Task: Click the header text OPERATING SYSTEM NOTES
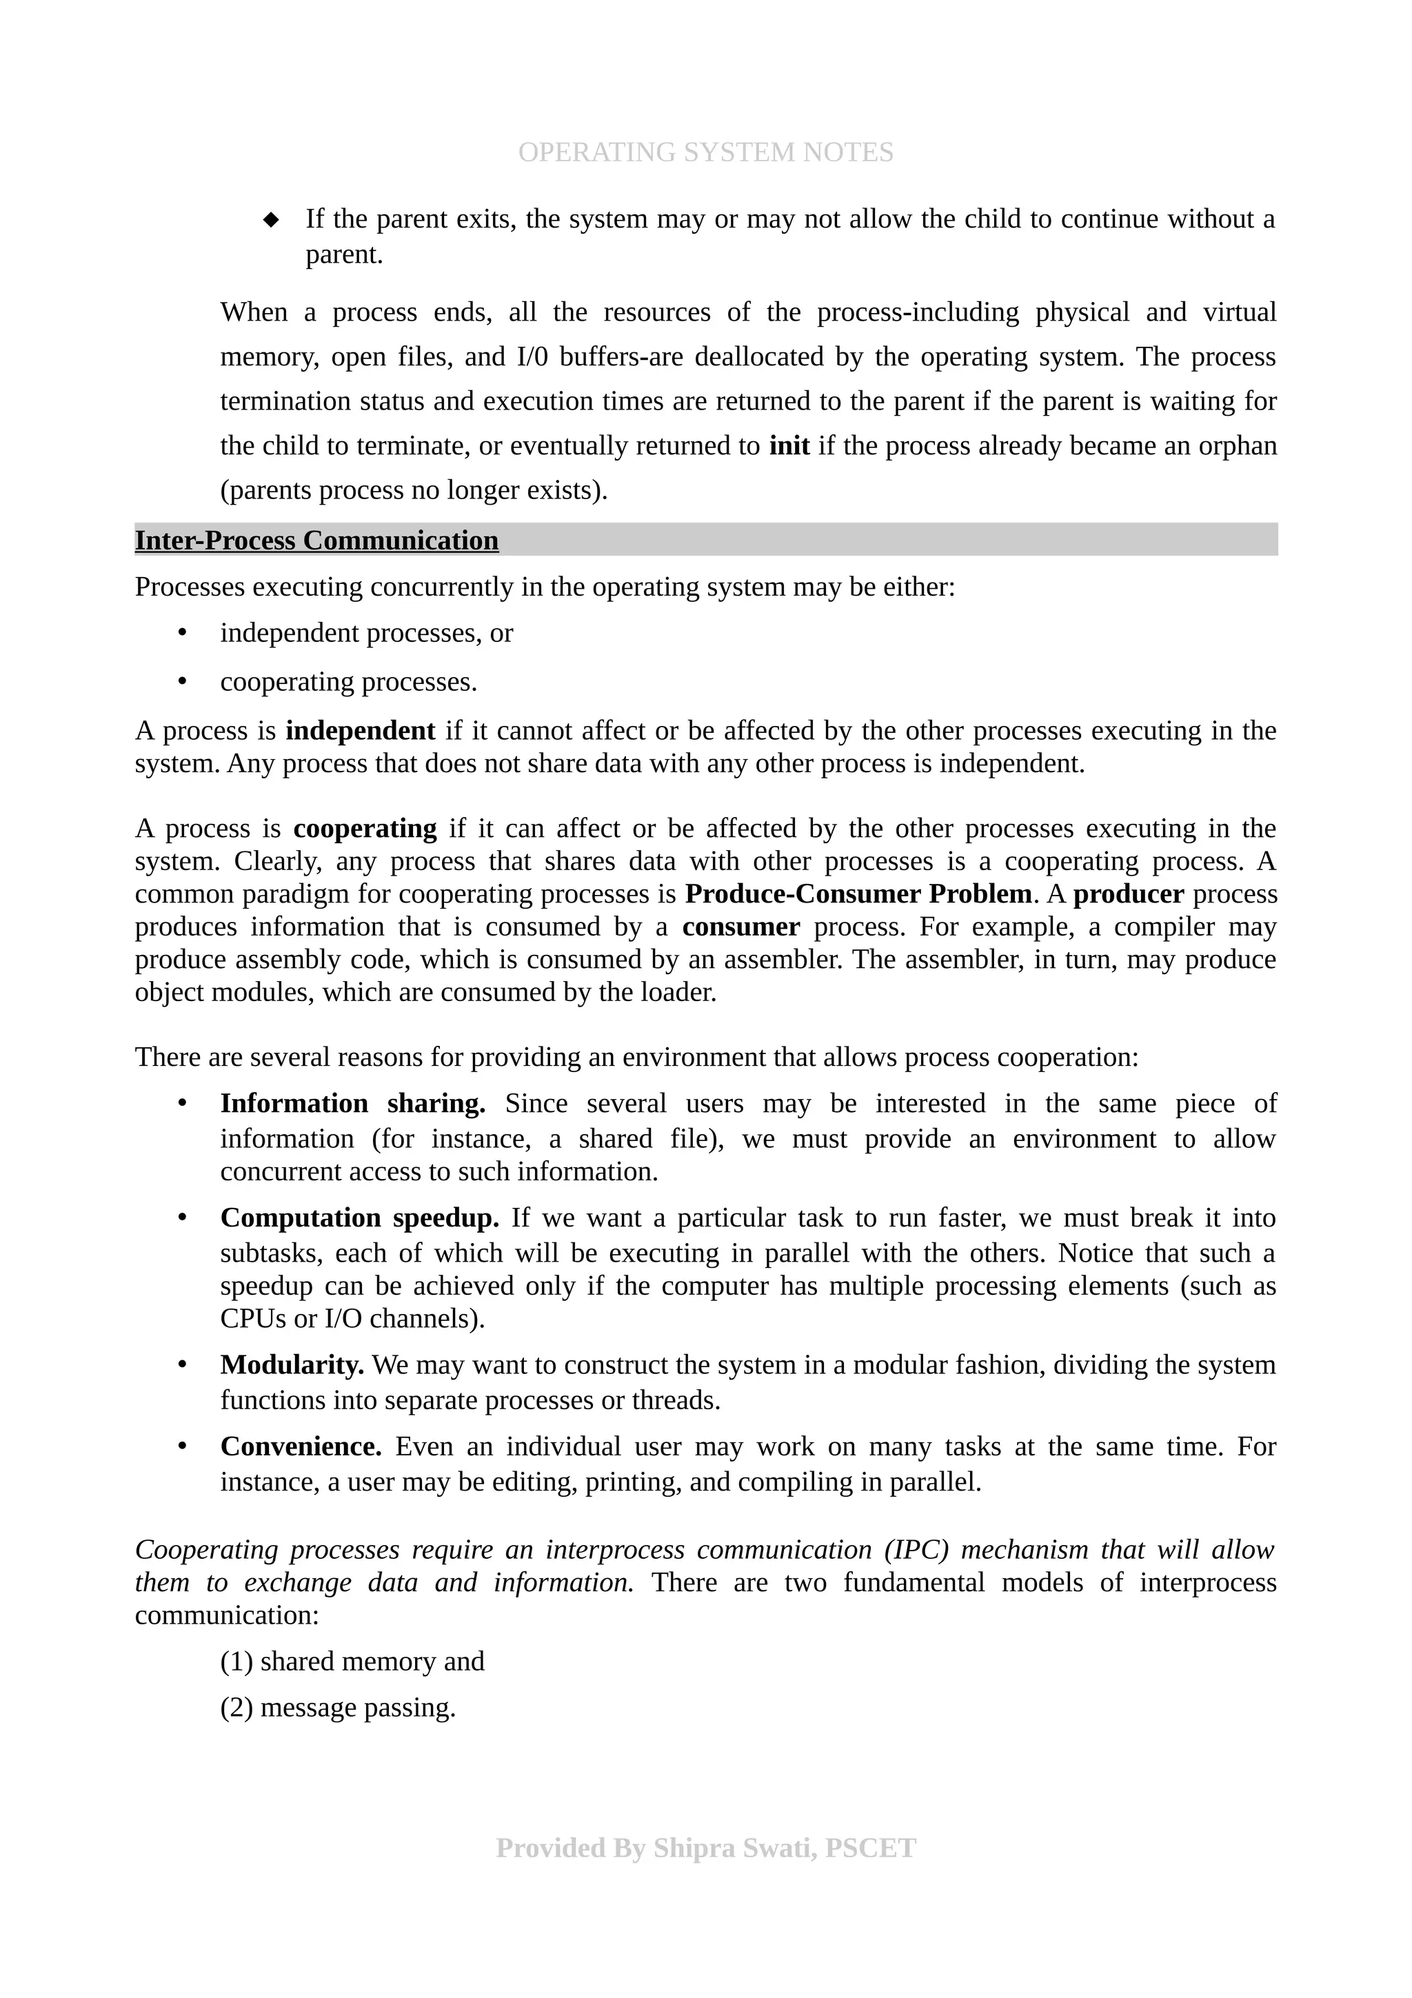tap(705, 152)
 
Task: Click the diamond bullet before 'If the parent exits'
tap(272, 219)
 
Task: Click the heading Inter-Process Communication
tap(316, 541)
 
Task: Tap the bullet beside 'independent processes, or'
tap(183, 633)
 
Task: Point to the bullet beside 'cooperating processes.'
tap(183, 681)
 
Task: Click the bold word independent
tap(360, 730)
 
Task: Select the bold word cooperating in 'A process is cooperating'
tap(365, 829)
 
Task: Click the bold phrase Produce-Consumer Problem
tap(858, 894)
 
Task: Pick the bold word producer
tap(1129, 894)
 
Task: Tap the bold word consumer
tap(740, 927)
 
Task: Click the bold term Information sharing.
tap(352, 1103)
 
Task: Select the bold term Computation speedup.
tap(359, 1218)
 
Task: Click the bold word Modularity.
tap(292, 1364)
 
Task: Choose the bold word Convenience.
tap(301, 1446)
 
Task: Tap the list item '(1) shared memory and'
tap(352, 1662)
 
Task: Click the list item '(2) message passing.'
tap(338, 1707)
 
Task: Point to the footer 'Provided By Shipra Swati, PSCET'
tap(705, 1848)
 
